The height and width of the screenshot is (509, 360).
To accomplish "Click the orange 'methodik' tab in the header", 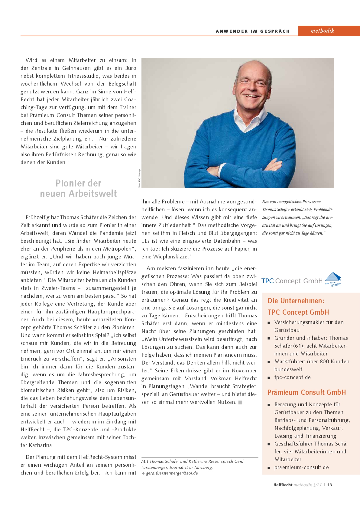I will (x=322, y=31).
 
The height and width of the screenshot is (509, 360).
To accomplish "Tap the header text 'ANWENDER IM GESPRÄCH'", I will (x=252, y=31).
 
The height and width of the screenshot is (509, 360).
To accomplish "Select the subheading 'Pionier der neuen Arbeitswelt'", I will (x=78, y=188).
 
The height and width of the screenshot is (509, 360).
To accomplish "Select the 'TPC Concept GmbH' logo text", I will (x=292, y=281).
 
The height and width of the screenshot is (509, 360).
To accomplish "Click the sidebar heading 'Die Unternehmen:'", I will (x=296, y=301).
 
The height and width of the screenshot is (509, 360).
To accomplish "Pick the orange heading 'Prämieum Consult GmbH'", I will (x=306, y=392).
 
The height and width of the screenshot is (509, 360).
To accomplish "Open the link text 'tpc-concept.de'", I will (x=292, y=377).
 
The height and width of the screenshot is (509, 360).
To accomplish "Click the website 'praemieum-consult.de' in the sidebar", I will (x=301, y=467).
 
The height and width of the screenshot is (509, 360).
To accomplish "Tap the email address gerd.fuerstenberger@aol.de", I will (x=172, y=473).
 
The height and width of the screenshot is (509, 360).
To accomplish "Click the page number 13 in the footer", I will (x=329, y=485).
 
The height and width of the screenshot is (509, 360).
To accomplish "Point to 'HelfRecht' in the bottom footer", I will (x=283, y=485).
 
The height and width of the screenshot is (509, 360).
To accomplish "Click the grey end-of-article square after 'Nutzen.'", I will (x=240, y=402).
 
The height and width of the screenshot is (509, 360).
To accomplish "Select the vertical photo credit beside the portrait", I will (x=139, y=178).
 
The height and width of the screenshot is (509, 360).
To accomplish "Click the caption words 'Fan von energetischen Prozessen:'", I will (x=291, y=202).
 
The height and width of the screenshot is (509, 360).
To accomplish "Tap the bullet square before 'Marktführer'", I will (x=268, y=362).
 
